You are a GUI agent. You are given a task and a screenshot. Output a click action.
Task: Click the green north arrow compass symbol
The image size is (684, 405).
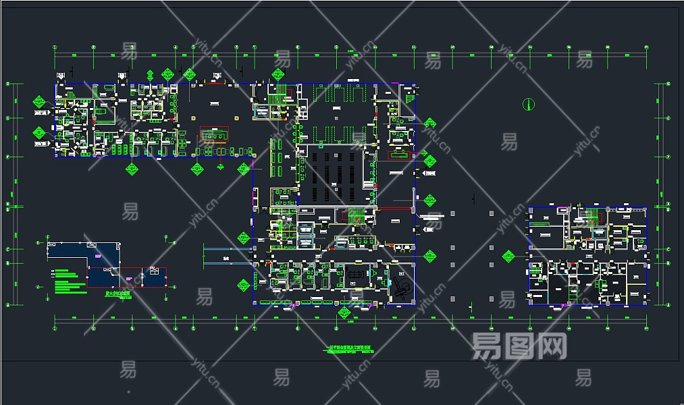(529, 104)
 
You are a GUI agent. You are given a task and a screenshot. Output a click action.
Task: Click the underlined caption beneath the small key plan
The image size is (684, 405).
(118, 295)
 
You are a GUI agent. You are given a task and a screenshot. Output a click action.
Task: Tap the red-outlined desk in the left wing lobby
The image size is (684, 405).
(213, 135)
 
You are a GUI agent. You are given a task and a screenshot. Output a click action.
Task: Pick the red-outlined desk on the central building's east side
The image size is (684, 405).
(400, 155)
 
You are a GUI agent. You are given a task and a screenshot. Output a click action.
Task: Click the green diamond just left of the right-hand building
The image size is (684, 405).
(508, 256)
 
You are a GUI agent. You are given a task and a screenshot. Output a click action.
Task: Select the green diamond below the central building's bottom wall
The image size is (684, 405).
(344, 313)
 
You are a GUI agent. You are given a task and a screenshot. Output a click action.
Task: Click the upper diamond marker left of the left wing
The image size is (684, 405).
(39, 103)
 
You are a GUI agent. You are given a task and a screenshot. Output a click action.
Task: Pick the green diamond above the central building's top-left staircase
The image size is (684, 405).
(278, 74)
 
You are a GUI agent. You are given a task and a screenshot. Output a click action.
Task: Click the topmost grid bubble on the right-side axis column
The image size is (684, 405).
(668, 84)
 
